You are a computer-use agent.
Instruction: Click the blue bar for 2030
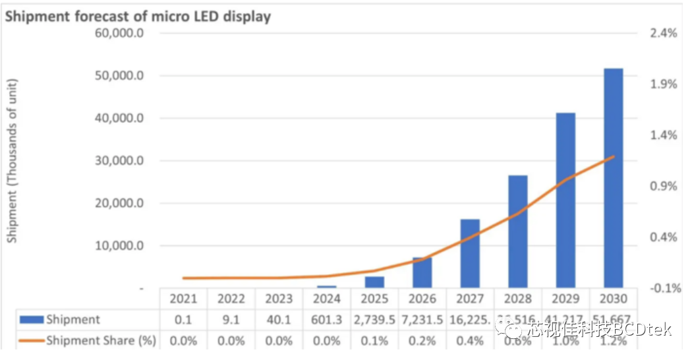(x=613, y=178)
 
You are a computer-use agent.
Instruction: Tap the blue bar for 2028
(x=517, y=231)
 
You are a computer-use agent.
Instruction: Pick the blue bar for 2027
(x=470, y=253)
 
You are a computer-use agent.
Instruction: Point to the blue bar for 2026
(x=422, y=272)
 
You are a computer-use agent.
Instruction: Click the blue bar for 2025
(x=374, y=282)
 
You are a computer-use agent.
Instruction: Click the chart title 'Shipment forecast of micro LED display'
(x=138, y=17)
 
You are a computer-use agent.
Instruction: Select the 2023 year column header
(x=279, y=299)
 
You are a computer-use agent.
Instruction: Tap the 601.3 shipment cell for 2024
(x=327, y=320)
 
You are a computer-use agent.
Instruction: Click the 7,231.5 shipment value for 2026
(x=422, y=320)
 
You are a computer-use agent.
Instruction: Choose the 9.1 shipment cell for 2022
(x=231, y=320)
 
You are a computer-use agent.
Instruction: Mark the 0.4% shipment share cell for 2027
(x=470, y=341)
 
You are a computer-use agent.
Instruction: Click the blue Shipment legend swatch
(x=30, y=320)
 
